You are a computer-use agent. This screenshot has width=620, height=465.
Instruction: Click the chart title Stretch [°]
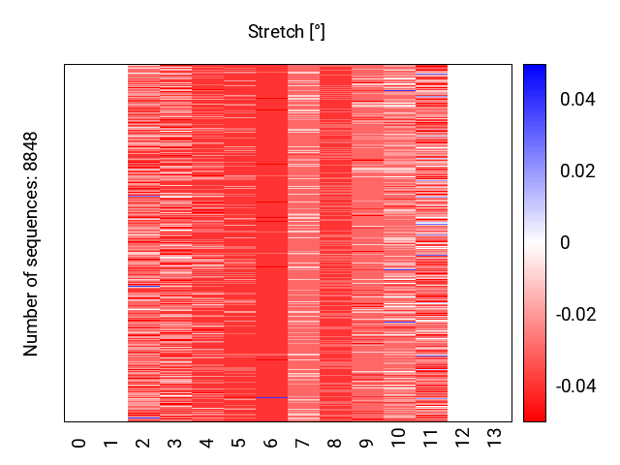coord(287,32)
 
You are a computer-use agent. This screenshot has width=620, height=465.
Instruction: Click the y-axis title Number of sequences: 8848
coord(30,244)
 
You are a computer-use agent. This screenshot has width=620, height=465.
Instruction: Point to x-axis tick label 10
coord(398,438)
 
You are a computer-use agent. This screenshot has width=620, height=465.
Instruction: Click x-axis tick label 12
coord(463,438)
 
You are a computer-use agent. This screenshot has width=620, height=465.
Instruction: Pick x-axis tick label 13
coord(495,438)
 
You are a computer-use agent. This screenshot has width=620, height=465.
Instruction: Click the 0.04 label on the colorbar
coord(577,99)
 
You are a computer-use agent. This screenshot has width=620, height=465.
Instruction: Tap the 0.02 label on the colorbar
coord(577,171)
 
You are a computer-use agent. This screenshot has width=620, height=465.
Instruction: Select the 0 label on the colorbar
coord(566,243)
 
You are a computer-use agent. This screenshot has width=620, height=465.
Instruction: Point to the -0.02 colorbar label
coord(575,315)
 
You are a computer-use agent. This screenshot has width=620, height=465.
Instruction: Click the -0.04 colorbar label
coord(575,387)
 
